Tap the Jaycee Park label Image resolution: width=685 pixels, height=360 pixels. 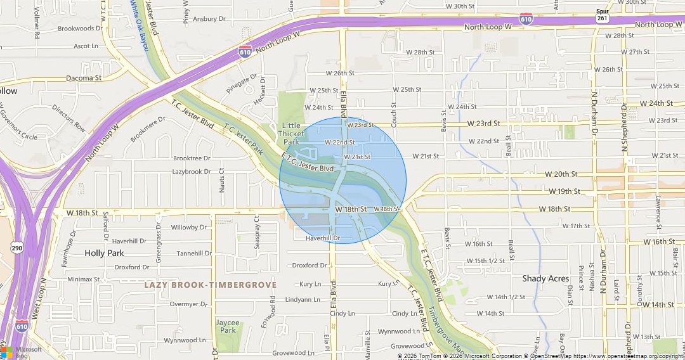[x=227, y=326]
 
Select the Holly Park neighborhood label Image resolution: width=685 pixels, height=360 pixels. [x=104, y=253]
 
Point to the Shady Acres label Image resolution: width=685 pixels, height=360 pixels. [x=545, y=279]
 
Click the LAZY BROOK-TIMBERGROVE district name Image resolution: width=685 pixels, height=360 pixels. [x=211, y=285]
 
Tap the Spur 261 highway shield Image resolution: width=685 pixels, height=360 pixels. [x=603, y=15]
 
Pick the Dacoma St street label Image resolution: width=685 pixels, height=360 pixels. [x=84, y=78]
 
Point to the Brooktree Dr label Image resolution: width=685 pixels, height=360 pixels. [x=192, y=158]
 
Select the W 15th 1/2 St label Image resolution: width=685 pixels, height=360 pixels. [x=486, y=261]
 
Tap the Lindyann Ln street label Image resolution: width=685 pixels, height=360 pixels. [x=303, y=299]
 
